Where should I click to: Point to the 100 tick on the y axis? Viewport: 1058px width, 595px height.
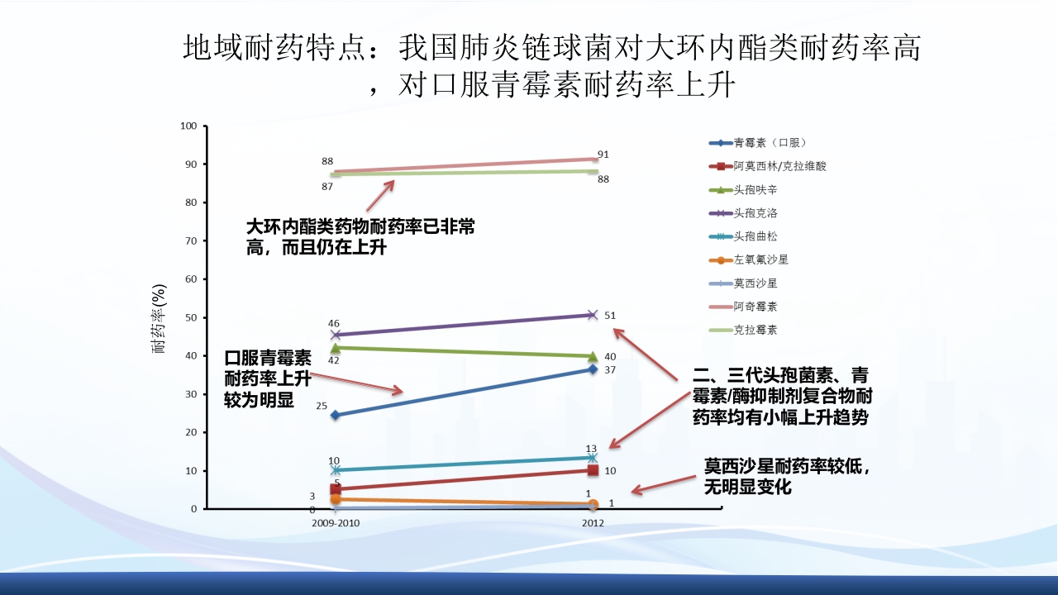[188, 126]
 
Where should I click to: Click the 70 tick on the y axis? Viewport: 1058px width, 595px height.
[191, 241]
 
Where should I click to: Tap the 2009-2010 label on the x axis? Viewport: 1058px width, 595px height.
[336, 523]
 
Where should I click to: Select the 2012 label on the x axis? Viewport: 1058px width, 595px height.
[593, 523]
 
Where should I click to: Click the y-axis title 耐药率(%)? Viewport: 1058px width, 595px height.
[160, 318]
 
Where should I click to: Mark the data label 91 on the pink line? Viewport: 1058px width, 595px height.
[603, 154]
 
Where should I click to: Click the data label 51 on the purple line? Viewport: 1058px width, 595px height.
[610, 315]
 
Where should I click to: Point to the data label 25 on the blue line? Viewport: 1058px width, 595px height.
[322, 407]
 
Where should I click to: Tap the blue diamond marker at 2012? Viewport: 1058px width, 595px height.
[593, 369]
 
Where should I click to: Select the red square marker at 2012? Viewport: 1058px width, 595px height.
[593, 470]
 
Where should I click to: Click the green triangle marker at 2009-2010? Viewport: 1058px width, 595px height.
[335, 348]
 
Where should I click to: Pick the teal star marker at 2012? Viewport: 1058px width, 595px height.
[593, 458]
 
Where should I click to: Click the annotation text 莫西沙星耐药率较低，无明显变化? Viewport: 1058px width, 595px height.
[787, 476]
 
